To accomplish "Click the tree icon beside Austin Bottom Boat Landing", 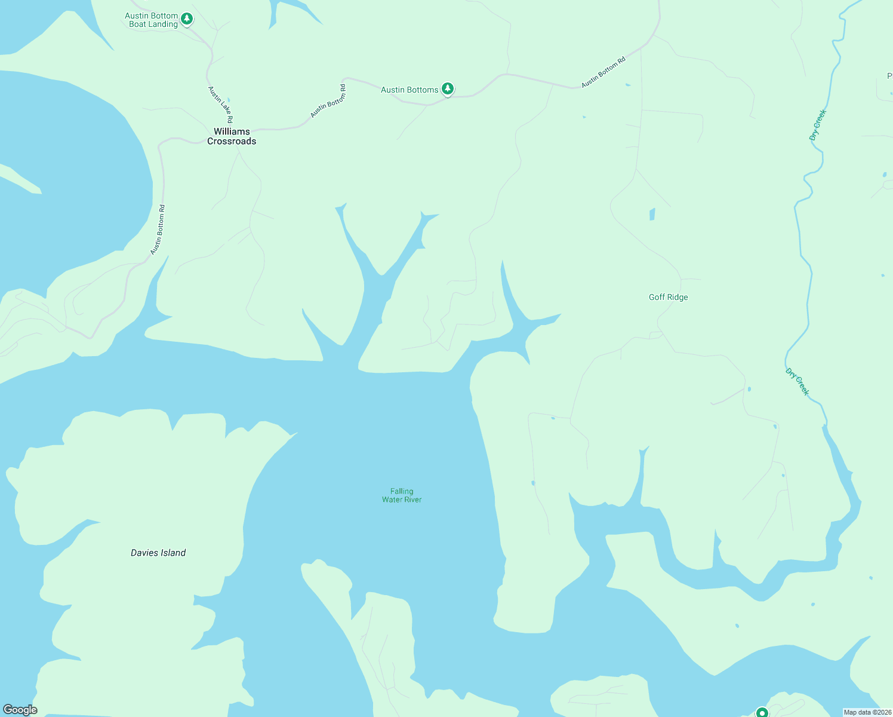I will (187, 19).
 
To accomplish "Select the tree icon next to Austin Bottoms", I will (448, 88).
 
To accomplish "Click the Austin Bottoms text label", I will (409, 90).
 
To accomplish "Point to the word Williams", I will (232, 131).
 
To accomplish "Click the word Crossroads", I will (232, 142).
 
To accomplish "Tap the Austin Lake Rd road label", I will (220, 105).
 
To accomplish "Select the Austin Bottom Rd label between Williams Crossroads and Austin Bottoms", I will (328, 101).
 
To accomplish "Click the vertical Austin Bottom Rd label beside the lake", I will (158, 230).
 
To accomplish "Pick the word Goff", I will (657, 297).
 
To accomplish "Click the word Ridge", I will (678, 297).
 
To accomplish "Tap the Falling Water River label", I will (402, 495).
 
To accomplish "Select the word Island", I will (173, 553).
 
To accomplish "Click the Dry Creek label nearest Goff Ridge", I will (797, 382).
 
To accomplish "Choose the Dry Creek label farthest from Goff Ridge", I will (818, 125).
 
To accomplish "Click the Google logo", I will (20, 710).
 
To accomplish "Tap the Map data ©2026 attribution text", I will (867, 712).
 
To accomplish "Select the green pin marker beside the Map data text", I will (762, 712).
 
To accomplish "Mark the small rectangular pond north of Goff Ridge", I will (652, 214).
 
